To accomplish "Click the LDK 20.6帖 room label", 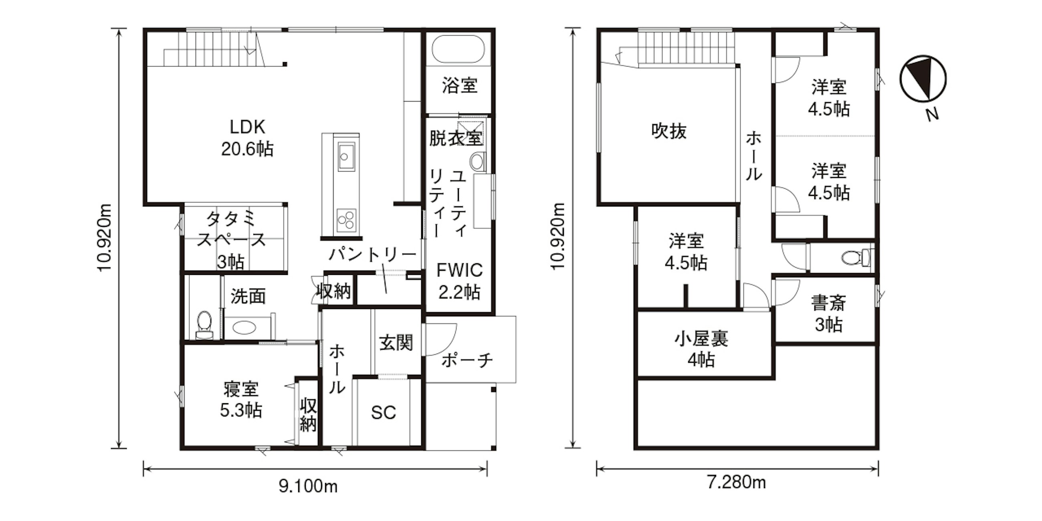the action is coord(247,138).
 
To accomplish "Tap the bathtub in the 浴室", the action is coord(458,49).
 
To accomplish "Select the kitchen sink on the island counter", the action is coord(346,157).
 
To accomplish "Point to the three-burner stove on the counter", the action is coord(346,220).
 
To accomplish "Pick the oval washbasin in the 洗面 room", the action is coord(245,327).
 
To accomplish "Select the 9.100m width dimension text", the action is coord(308,486).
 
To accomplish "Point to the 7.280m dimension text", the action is coord(737,483).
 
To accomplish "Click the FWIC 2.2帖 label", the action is coord(460,281).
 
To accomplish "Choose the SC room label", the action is coord(384,413).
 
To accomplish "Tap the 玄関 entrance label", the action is coord(396,343).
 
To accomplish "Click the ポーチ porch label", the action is coord(467,359).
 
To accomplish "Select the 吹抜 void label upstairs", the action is coord(669,131).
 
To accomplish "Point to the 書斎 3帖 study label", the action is coord(828,314).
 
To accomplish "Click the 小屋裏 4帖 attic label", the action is coord(701,349).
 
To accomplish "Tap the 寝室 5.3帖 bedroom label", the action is coord(241,400).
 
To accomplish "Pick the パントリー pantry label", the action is coord(373,254).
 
